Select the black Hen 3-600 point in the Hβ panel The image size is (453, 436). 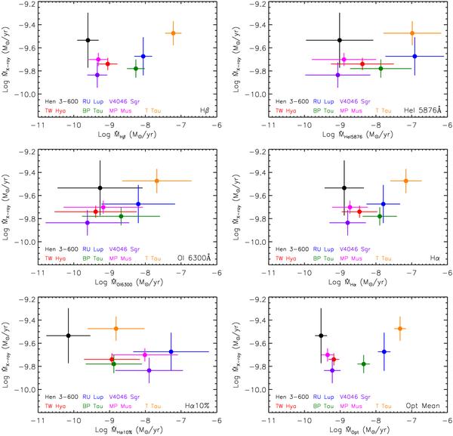tap(88, 40)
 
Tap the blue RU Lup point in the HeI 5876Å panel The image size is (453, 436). tap(414, 56)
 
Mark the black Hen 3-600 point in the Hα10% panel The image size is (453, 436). tap(69, 336)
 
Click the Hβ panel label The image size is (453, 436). tap(203, 110)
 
